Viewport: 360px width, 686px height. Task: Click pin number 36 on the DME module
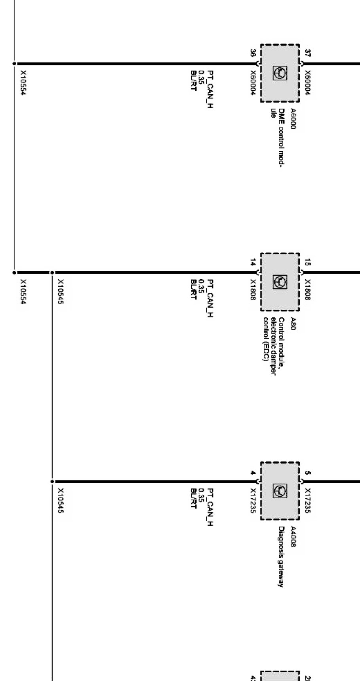[253, 53]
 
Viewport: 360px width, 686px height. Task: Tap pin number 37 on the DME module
[308, 53]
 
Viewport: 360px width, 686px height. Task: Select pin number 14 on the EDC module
[253, 262]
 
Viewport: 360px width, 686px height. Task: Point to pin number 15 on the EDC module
[308, 262]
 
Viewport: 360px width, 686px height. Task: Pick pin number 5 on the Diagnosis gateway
[308, 472]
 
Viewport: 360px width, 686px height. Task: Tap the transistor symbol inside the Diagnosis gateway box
[280, 491]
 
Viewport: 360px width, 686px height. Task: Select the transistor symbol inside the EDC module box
[280, 282]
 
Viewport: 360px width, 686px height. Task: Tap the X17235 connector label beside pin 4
[253, 500]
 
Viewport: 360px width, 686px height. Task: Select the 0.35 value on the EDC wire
[202, 286]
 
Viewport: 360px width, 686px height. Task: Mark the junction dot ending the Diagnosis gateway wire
[52, 482]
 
